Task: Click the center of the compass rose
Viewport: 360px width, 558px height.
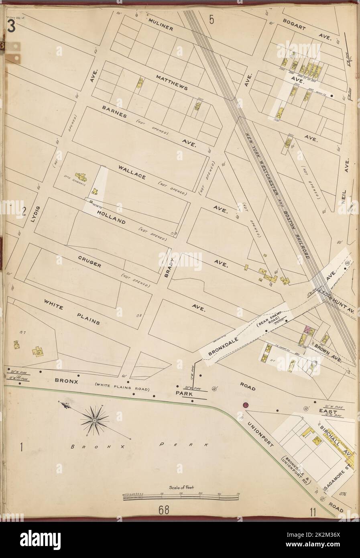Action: [x=95, y=421]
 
